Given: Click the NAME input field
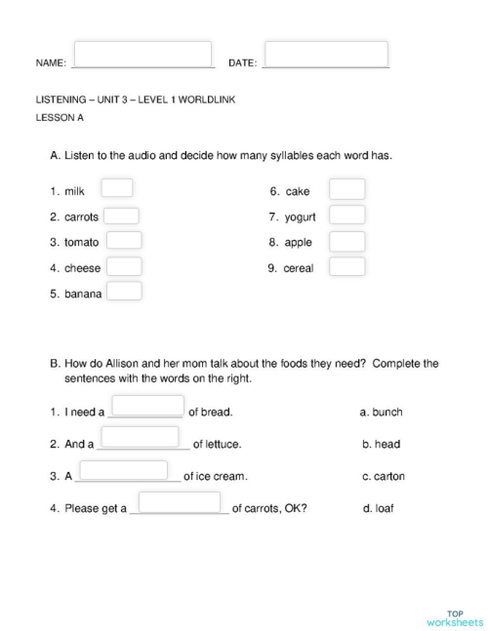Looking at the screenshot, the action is (142, 54).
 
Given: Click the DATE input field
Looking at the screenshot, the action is (326, 54).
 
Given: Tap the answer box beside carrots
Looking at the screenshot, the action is (121, 216).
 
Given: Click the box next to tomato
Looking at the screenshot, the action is (124, 240).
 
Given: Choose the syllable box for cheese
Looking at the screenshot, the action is (124, 265).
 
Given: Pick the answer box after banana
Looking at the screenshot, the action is (124, 291).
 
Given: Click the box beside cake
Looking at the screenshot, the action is (346, 189).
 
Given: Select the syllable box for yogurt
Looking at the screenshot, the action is (346, 215).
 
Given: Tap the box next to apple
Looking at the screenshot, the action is (346, 241).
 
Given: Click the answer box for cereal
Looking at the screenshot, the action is (346, 266).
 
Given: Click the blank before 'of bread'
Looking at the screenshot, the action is (148, 406).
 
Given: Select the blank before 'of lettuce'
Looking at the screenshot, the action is (142, 437).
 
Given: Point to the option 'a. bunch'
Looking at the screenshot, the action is (381, 412).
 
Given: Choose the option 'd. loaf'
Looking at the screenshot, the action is (378, 508).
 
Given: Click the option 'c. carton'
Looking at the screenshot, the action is (383, 476).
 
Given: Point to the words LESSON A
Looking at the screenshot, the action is (60, 118).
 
